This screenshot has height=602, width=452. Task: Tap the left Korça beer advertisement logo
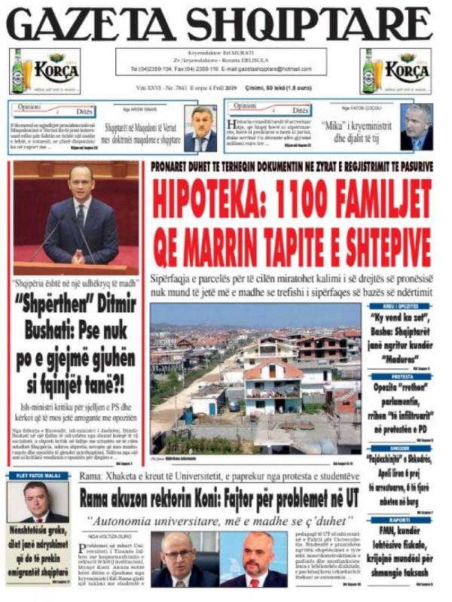[x=44, y=71]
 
